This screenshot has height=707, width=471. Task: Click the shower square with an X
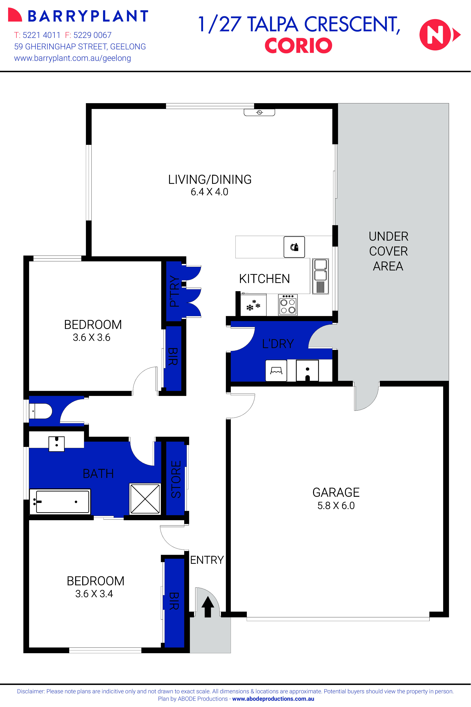click(145, 499)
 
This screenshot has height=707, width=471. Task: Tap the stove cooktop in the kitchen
click(288, 305)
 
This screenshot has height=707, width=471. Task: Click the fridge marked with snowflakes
click(253, 305)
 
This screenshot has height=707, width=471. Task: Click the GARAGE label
click(336, 492)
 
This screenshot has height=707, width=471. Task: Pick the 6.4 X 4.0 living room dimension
click(209, 192)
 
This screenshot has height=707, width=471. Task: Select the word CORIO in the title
click(298, 46)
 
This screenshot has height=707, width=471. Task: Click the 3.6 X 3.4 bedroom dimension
click(94, 594)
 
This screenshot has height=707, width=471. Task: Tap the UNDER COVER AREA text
click(388, 251)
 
